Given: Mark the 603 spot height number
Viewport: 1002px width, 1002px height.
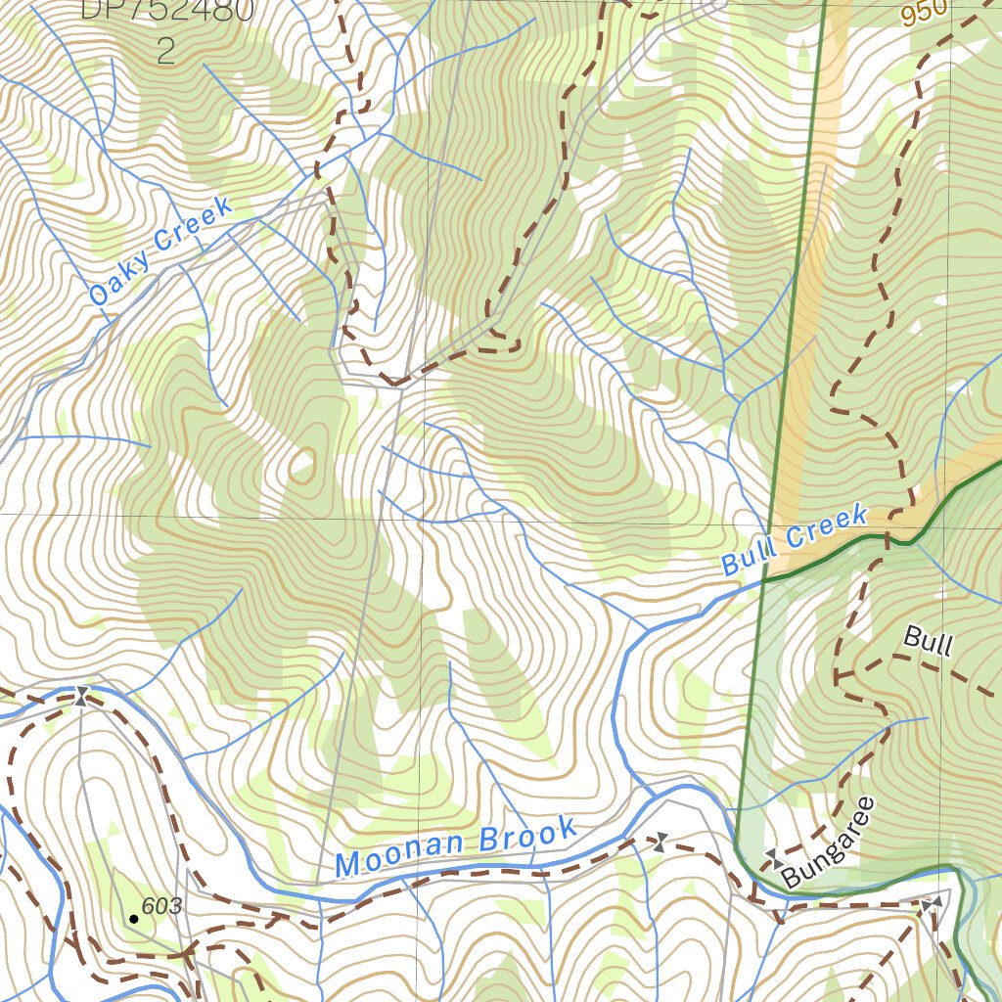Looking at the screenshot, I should tap(161, 907).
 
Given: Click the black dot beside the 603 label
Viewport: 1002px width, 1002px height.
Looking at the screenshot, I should tap(133, 919).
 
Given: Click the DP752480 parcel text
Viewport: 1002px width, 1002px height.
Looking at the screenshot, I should tap(166, 11).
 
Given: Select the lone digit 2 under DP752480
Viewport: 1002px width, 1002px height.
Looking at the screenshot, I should tap(165, 51).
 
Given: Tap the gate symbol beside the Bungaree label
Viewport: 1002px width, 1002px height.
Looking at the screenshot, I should tap(774, 858).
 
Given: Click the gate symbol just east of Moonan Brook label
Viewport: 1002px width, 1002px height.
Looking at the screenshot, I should tap(660, 842).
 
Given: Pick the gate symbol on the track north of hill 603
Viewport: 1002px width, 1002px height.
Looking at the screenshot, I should tap(81, 697).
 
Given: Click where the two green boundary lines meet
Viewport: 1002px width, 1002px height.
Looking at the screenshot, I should tap(763, 580).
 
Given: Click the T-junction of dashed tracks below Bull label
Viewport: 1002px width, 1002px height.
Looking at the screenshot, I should tap(838, 675).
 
